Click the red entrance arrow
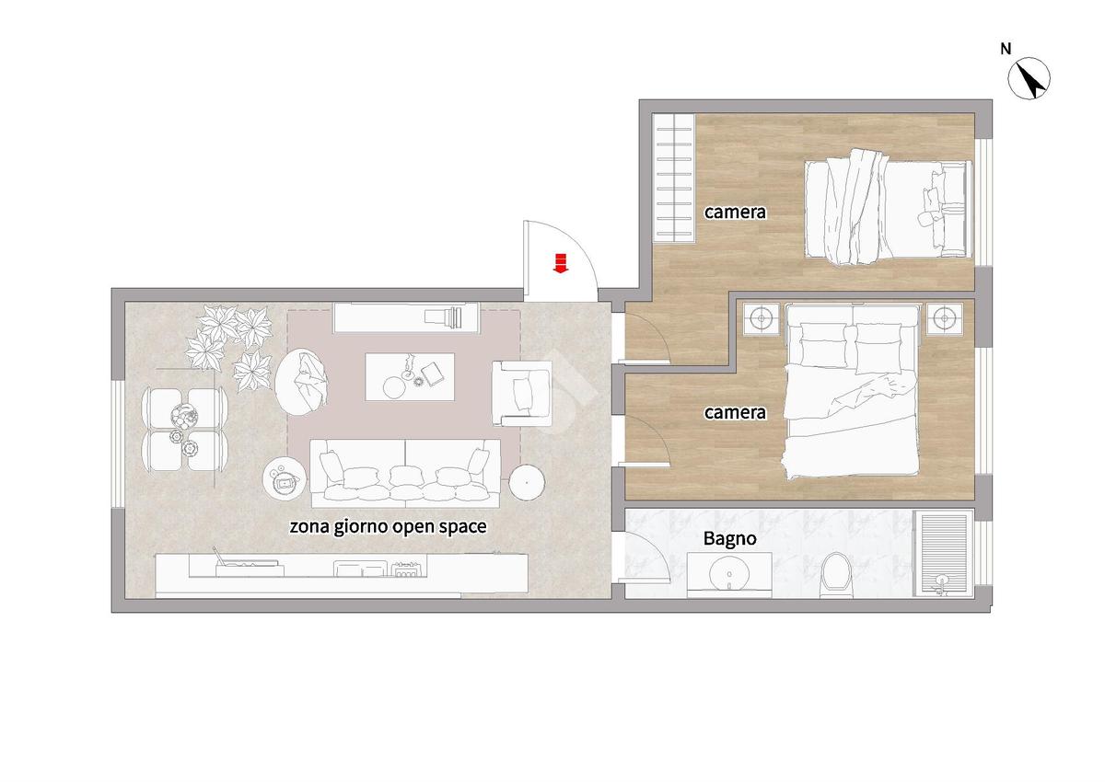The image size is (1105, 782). point(561,262)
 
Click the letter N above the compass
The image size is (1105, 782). point(1006,50)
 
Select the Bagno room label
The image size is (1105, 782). point(729,539)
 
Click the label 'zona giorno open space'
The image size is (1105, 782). point(388,527)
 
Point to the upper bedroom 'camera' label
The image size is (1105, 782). point(735,212)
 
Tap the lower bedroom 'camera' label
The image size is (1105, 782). point(735,412)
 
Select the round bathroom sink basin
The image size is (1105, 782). point(729,573)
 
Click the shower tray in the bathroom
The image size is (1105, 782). point(943,553)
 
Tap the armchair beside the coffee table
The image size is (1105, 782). point(522,393)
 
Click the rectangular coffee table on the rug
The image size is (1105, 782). point(410,376)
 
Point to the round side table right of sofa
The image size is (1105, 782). point(527,483)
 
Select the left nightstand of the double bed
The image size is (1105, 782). point(762,319)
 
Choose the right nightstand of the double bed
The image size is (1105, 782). point(944,319)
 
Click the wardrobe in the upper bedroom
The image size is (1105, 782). point(673,178)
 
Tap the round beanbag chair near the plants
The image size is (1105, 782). point(301,379)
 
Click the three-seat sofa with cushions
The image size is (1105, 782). point(405,473)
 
